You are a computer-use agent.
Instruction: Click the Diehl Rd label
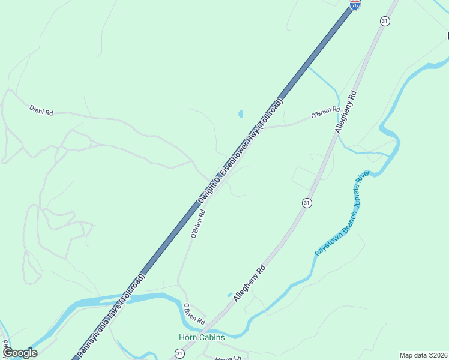[x=41, y=110]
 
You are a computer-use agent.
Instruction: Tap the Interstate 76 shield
[x=355, y=4]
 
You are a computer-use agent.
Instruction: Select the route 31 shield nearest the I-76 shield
[x=385, y=21]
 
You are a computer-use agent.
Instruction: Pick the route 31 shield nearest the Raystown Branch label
[x=307, y=203]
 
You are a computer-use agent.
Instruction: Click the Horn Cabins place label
[x=202, y=337]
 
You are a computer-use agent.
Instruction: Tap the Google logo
[x=19, y=353]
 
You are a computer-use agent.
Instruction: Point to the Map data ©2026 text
[x=423, y=355]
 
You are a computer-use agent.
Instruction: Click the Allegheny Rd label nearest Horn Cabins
[x=249, y=284]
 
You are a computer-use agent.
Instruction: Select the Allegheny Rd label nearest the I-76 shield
[x=346, y=113]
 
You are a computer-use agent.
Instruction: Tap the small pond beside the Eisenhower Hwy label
[x=241, y=113]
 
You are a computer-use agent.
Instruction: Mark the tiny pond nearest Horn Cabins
[x=229, y=295]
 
